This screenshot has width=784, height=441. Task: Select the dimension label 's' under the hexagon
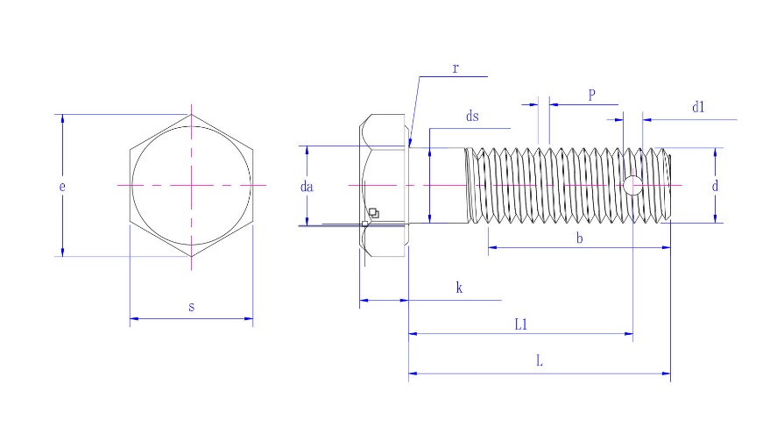(x=192, y=307)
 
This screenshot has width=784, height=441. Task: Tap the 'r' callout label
(x=456, y=68)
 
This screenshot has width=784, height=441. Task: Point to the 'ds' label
(x=473, y=116)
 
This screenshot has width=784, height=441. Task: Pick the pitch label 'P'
(x=591, y=95)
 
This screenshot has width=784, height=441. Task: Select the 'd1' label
(x=698, y=108)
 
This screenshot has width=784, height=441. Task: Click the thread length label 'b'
(x=579, y=238)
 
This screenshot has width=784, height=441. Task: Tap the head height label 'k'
(x=458, y=288)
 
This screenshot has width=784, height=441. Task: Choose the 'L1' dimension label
(x=520, y=324)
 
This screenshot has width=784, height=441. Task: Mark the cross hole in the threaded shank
(x=632, y=185)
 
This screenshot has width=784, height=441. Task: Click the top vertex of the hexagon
(x=192, y=115)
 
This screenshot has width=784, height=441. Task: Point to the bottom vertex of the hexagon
(x=192, y=256)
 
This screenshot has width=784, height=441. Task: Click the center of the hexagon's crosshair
(x=192, y=185)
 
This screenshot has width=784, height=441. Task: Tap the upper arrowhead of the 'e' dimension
(x=63, y=120)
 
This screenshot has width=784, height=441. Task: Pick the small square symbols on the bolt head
(x=373, y=213)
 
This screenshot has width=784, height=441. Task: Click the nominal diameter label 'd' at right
(x=716, y=186)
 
